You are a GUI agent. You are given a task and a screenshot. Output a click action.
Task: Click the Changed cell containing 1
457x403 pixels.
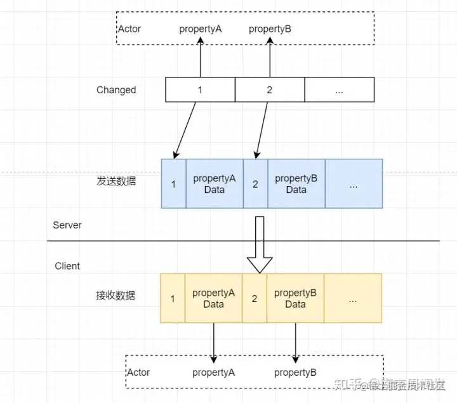pos(200,90)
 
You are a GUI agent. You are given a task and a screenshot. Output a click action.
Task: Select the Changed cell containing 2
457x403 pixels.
pos(270,90)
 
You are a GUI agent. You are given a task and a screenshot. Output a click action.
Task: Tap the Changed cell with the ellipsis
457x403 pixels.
pos(339,90)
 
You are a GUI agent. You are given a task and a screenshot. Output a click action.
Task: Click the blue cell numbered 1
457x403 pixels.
pos(173,184)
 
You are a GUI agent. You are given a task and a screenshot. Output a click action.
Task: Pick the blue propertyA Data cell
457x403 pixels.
pos(215,184)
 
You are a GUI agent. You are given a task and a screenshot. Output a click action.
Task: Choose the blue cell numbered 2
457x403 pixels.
pos(255,184)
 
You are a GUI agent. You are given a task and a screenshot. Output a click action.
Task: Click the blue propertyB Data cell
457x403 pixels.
pos(296,184)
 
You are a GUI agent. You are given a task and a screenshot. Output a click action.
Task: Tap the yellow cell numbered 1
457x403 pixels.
pos(173,298)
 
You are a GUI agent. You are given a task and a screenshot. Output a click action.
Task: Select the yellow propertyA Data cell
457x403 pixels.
pos(214,298)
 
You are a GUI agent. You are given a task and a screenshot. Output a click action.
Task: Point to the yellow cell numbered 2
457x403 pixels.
pos(255,298)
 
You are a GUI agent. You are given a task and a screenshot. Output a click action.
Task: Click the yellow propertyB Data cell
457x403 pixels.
pos(295,298)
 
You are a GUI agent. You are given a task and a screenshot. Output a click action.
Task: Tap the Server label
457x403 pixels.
pos(67,225)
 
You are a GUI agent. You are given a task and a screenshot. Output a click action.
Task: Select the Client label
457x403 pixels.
pos(67,266)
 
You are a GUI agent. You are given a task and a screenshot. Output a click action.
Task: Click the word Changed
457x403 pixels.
pos(116,90)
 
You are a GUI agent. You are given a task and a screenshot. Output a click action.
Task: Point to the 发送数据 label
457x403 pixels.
pos(116,181)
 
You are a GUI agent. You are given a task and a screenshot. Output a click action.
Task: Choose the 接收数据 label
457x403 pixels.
pos(116,296)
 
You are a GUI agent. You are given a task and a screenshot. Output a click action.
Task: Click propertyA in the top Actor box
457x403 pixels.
pos(200,29)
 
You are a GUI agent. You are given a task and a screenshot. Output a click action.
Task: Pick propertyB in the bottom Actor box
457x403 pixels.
pos(295,373)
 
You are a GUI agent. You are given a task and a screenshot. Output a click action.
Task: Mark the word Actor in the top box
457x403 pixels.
pos(129,29)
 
